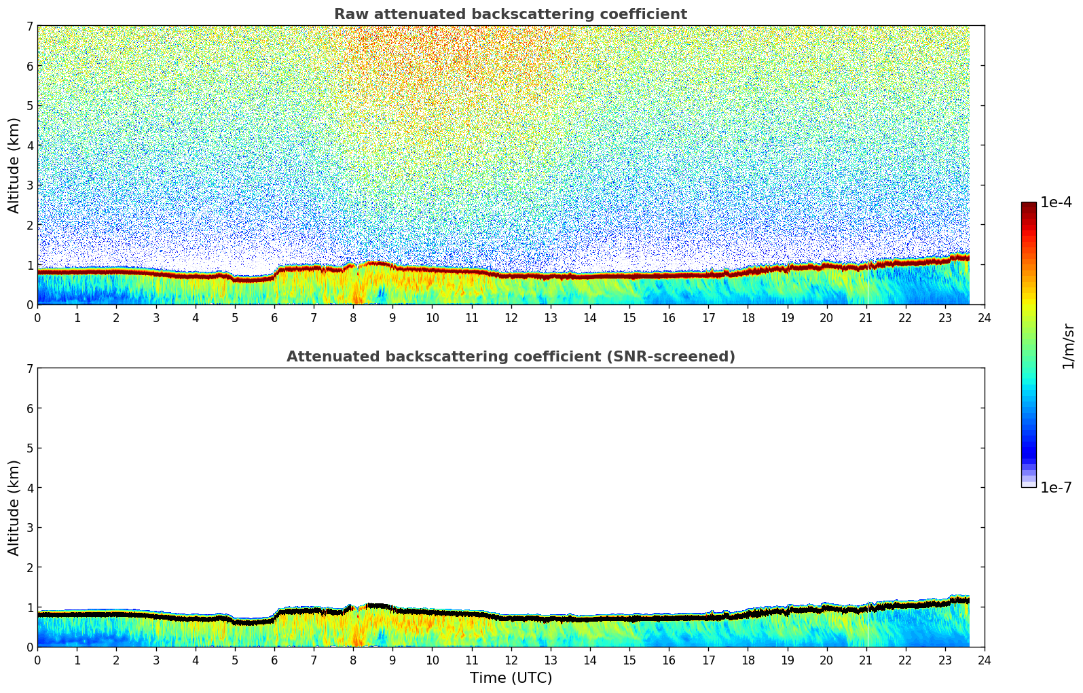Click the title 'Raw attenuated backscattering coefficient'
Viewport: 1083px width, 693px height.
(510, 14)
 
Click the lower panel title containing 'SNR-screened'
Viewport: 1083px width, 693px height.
(510, 357)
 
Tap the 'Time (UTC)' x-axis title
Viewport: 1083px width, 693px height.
(511, 678)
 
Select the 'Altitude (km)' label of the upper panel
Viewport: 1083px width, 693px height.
(14, 165)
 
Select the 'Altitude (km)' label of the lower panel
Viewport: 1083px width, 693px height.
(14, 508)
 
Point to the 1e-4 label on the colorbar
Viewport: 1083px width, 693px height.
(1056, 202)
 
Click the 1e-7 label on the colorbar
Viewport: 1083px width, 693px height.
(1056, 488)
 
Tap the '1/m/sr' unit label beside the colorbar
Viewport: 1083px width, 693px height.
(1068, 346)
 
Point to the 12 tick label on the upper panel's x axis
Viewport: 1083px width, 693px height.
(511, 317)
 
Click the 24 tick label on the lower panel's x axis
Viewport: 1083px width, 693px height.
(985, 660)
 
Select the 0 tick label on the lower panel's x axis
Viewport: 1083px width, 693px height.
(37, 660)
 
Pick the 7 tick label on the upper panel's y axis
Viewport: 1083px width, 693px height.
(29, 26)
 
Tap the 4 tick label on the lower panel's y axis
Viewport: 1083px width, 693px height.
(29, 488)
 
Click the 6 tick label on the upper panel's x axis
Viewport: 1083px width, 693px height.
(274, 317)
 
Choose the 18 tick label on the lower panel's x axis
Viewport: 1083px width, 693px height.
(748, 660)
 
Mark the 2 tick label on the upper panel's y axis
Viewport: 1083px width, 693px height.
(29, 225)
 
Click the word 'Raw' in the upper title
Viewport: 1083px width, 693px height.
(348, 14)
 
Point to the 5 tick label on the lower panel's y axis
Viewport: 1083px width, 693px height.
(29, 448)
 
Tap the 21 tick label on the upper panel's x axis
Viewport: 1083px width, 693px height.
(866, 317)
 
